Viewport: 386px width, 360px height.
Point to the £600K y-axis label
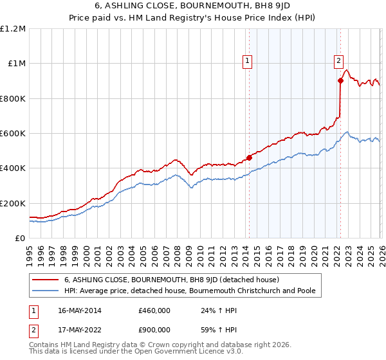coord(14,134)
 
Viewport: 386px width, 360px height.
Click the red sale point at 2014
coord(249,157)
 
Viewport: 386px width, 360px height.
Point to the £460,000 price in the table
coord(154,310)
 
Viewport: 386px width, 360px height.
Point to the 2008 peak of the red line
coord(175,160)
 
